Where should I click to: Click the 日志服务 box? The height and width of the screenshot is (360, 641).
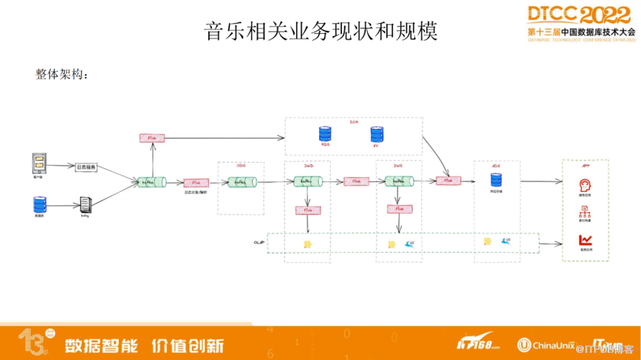86,167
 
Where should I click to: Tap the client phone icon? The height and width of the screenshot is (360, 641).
40,163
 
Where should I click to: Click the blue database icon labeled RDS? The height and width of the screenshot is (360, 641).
325,134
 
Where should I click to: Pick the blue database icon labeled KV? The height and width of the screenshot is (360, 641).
376,134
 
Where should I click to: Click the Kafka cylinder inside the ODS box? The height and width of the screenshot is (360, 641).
241,183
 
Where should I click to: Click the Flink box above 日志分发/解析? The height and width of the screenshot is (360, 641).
196,183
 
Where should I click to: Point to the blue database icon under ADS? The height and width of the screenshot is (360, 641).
496,180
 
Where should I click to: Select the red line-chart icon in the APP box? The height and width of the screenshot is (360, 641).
585,240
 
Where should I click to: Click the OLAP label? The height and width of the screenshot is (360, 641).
259,243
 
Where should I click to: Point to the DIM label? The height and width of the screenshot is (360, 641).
354,122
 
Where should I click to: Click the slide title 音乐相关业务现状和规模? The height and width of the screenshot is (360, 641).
320,32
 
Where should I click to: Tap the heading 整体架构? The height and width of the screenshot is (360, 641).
61,73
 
